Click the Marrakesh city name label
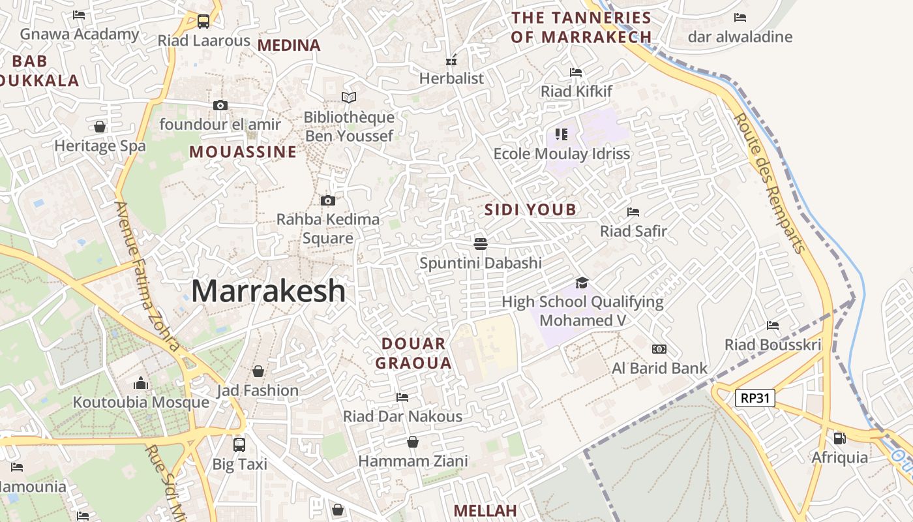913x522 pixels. pos(268,291)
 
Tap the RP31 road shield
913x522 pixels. pos(755,397)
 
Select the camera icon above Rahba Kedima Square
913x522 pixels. pos(327,200)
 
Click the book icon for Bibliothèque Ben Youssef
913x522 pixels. pos(349,98)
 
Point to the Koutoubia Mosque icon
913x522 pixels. pos(140,383)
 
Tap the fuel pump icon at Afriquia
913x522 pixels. pos(839,438)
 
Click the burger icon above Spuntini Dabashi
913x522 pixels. pos(481,244)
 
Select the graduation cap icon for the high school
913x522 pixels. pos(582,283)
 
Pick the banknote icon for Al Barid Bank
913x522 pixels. pos(659,349)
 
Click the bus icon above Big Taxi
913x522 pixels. pos(239,445)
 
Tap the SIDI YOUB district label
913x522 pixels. pos(530,209)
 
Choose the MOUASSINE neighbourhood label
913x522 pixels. pos(243,152)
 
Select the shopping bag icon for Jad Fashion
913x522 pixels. pos(258,371)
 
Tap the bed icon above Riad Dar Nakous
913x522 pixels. pos(402,397)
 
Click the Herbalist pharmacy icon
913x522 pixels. pos(451,60)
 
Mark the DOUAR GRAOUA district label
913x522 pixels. pos(413,353)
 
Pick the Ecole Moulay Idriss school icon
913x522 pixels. pos(561,134)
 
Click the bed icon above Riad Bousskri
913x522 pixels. pos(773,325)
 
